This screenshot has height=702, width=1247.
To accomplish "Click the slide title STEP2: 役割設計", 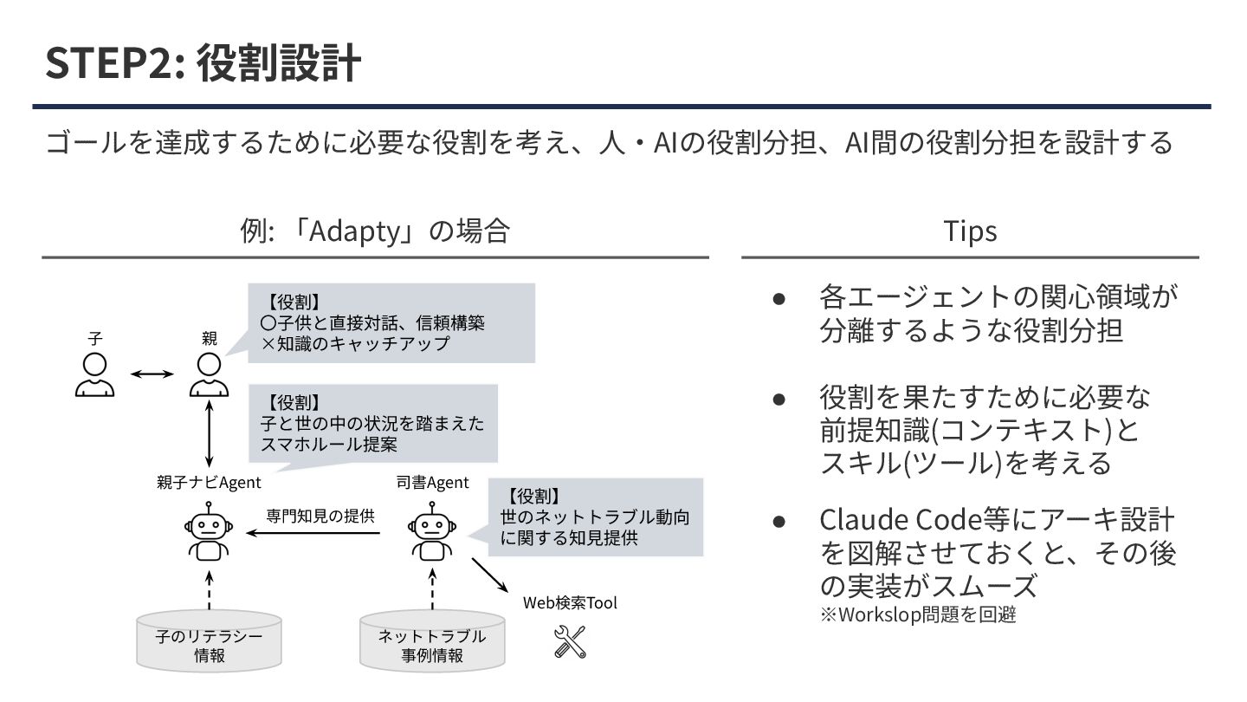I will coord(203,64).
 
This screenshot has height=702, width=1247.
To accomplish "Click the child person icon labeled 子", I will coord(94,374).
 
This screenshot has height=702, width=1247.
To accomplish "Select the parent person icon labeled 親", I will coord(209,374).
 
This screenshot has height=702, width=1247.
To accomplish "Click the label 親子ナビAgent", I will coord(209,483).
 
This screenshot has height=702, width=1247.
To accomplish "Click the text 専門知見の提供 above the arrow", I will coord(320,516).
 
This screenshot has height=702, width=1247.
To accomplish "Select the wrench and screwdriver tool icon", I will coord(570,641).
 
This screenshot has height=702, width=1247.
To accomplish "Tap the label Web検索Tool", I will coord(570,602).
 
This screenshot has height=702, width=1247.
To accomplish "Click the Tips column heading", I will coord(970,231).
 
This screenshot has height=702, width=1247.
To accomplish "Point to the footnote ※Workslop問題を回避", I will coord(918,615).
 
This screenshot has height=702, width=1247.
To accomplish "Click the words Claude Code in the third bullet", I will coord(901,520).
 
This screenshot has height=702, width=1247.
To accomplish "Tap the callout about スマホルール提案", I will coord(372,424).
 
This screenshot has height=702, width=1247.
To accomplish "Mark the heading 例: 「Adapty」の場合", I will coord(374,231).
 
